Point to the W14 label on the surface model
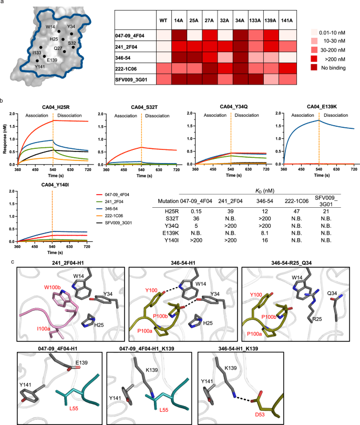(51, 26)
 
